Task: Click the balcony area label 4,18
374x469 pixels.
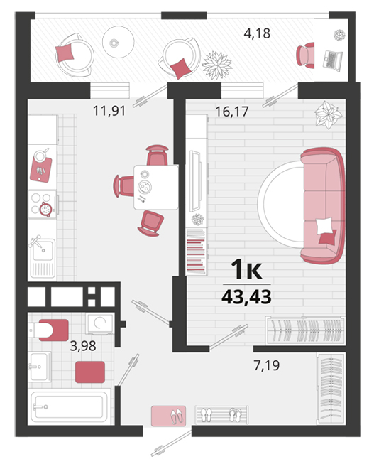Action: [x=257, y=33]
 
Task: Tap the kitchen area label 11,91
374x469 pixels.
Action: [x=109, y=111]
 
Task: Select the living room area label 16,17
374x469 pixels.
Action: [x=232, y=112]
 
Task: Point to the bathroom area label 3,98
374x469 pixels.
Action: [x=83, y=346]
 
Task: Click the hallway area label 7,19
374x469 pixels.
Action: [x=267, y=365]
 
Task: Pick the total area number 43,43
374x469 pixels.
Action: [x=247, y=297]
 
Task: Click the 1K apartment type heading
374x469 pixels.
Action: [x=246, y=269]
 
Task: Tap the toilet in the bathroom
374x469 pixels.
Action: [x=48, y=330]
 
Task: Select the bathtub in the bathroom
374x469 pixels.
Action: [x=69, y=406]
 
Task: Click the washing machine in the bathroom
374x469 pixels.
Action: [x=100, y=323]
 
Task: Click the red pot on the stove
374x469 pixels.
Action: [x=46, y=209]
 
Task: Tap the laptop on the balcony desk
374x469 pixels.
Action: [x=332, y=61]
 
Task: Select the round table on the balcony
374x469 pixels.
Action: [x=118, y=42]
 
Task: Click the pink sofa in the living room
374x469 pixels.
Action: [x=323, y=206]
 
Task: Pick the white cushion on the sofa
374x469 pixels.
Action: [x=324, y=226]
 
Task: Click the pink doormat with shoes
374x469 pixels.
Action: [x=168, y=416]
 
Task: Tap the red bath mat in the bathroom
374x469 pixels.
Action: [x=90, y=372]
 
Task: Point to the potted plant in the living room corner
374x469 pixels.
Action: [x=328, y=115]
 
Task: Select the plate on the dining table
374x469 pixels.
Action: [x=145, y=187]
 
